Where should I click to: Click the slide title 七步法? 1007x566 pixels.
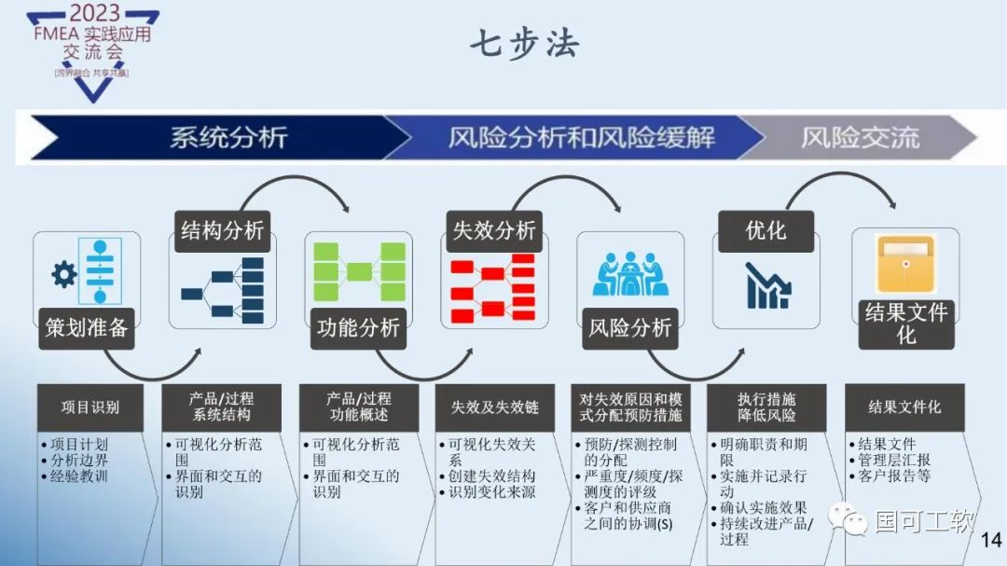point(523,44)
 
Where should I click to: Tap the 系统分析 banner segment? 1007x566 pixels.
point(228,138)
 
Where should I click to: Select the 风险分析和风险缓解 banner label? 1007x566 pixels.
point(581,138)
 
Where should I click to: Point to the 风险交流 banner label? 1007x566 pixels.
point(860,138)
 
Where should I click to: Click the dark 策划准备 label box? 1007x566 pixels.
point(87,328)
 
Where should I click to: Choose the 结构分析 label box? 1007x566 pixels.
point(222,230)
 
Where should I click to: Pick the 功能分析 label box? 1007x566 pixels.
point(358,328)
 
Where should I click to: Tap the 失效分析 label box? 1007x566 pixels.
point(494,230)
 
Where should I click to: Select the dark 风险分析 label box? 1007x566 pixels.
point(630,328)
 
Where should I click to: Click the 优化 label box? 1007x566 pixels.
point(766,230)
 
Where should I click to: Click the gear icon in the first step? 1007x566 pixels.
point(64,274)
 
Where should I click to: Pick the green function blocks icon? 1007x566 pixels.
point(359,271)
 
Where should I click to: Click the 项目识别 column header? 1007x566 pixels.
point(90,407)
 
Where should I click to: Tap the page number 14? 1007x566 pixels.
point(991,540)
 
